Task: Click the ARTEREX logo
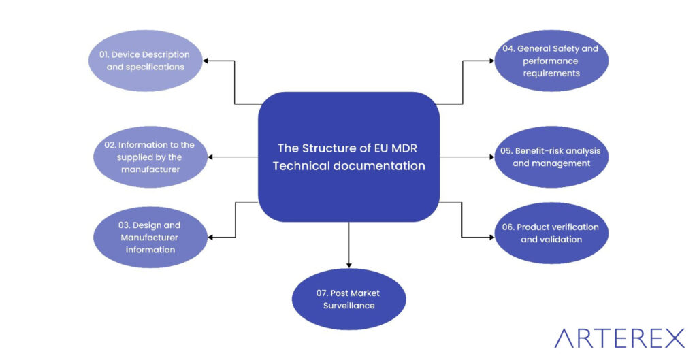point(619,338)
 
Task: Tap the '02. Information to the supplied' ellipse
point(150,157)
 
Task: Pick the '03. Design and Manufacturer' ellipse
point(150,237)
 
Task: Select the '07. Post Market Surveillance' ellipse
point(348,299)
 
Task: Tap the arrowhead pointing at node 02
point(211,157)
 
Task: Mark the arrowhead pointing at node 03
point(211,237)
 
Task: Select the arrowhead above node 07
point(348,264)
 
